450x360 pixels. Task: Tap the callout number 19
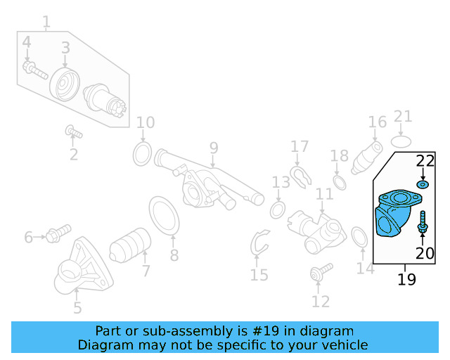(x=406, y=279)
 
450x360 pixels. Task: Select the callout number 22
(x=425, y=161)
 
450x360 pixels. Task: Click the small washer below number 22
(x=423, y=185)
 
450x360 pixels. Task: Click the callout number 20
(x=425, y=253)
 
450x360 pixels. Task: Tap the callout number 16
(x=378, y=122)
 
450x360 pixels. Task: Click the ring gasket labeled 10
(x=141, y=153)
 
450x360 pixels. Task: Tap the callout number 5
(x=77, y=307)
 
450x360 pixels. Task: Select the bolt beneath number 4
(x=34, y=70)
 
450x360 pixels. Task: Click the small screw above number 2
(x=74, y=131)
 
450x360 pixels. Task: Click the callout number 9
(x=213, y=149)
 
